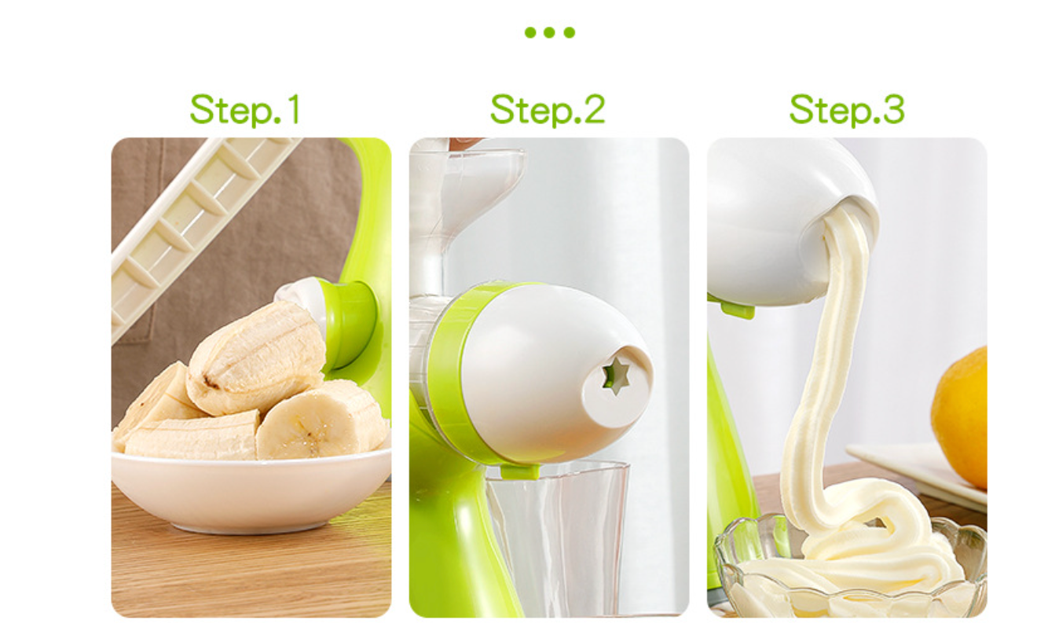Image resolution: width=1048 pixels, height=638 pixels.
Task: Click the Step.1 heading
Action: [x=244, y=109]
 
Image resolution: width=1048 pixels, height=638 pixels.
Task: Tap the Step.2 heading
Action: [x=548, y=109]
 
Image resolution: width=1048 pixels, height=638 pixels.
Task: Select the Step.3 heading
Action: [x=847, y=109]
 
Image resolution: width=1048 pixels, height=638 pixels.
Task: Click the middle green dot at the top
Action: [x=550, y=32]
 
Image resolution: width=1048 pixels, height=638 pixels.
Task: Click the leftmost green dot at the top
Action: [x=530, y=32]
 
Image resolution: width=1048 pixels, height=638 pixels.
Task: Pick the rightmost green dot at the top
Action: [x=570, y=32]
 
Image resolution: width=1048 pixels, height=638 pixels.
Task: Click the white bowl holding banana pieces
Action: [x=251, y=489]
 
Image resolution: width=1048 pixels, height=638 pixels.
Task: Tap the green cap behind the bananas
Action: [x=349, y=324]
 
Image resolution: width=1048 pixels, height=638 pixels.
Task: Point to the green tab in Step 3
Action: [x=738, y=310]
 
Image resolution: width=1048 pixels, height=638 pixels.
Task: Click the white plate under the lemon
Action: [x=917, y=473]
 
